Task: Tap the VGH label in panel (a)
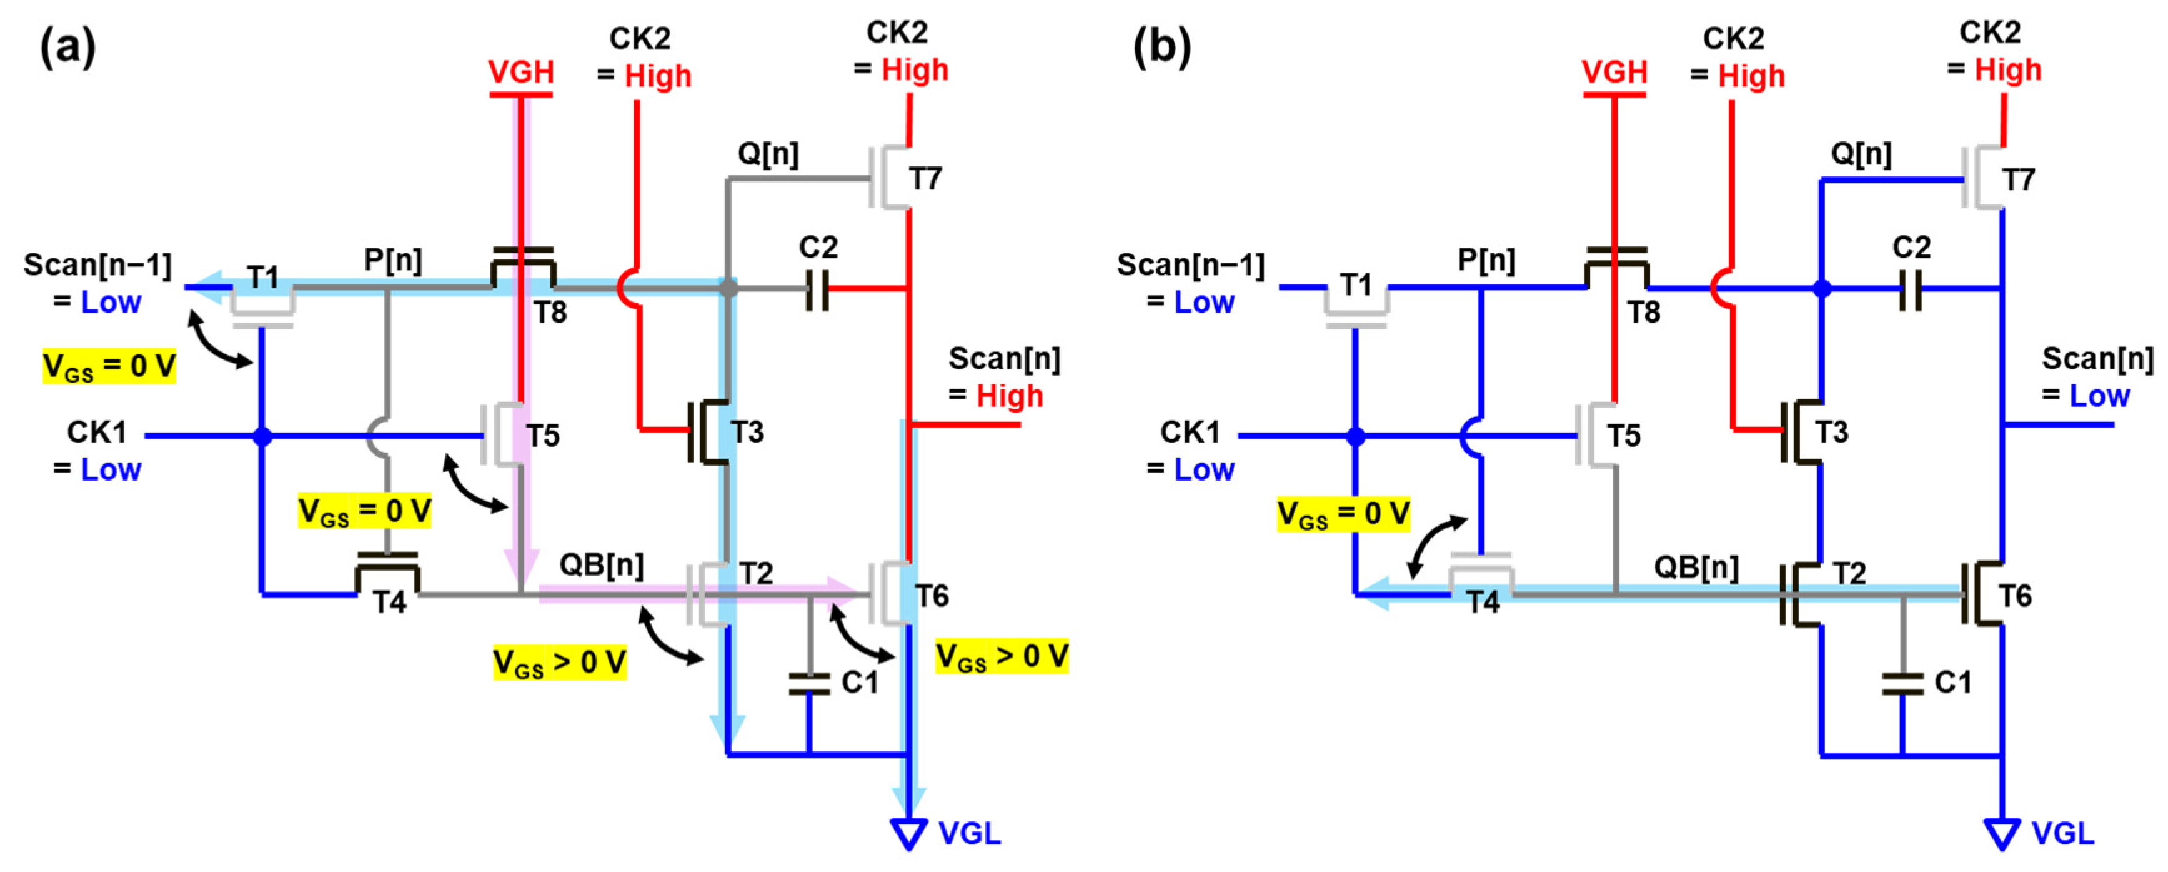(521, 73)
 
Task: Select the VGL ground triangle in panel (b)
(2002, 833)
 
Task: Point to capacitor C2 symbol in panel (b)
(1911, 289)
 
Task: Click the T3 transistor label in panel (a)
(747, 432)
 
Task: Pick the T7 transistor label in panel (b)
(2018, 179)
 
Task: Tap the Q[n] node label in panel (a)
(768, 154)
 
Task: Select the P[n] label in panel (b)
(1486, 260)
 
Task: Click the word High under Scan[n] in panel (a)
(1008, 396)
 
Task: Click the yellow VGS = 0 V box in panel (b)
(1343, 513)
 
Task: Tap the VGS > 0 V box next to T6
(1002, 656)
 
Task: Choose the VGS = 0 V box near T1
(109, 366)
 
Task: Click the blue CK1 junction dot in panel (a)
(262, 436)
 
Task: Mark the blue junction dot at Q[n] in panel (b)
(1821, 289)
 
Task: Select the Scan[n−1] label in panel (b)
(1190, 265)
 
